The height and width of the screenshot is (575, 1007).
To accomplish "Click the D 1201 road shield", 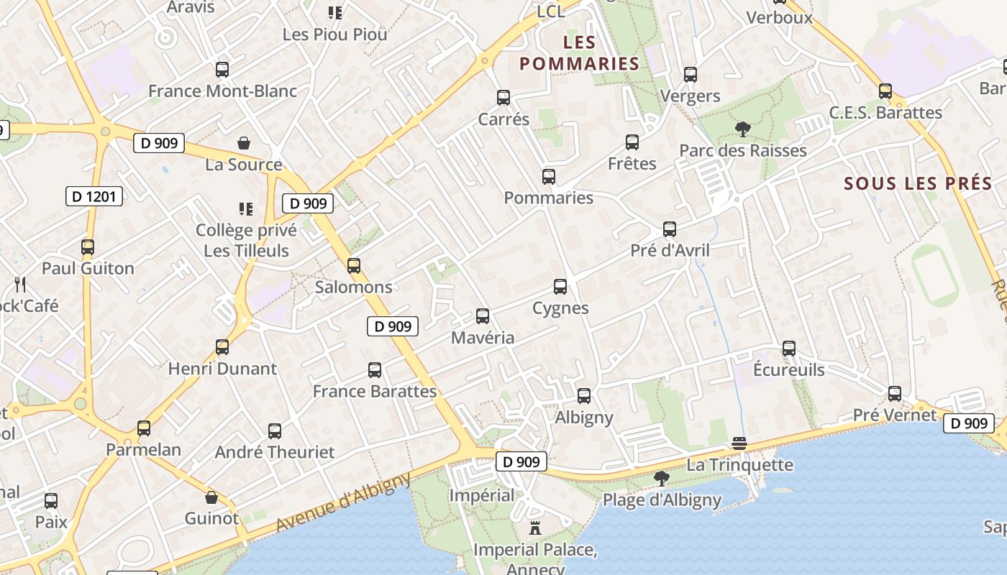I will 94,196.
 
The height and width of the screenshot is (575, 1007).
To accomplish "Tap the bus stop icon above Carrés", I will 503,98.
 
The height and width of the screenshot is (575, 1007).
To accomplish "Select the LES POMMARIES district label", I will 580,53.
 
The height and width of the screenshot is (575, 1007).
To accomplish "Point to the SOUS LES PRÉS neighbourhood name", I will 918,183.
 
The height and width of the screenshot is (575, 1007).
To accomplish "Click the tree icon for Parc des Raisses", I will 743,129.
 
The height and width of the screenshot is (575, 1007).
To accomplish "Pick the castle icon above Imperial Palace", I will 534,528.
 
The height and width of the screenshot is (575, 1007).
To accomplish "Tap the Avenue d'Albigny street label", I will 343,502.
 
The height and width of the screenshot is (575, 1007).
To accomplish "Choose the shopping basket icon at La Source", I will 245,143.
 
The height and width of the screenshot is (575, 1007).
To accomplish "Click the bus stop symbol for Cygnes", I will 560,287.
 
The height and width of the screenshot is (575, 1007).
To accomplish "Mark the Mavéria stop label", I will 483,338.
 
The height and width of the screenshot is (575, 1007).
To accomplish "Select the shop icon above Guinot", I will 211,497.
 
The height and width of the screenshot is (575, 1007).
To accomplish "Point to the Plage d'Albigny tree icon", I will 661,479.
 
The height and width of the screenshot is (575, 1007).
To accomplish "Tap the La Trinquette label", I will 739,465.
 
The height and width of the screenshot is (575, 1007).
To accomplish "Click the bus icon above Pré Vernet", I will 895,394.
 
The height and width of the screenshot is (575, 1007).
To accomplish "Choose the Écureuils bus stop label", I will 789,369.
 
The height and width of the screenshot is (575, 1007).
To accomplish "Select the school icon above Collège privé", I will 246,209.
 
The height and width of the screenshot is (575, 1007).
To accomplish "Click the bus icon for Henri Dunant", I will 222,347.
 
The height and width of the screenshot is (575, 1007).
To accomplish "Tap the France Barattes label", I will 375,392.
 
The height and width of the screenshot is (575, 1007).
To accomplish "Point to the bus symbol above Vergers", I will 691,75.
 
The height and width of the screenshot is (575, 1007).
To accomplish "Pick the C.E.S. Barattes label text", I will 885,113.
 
